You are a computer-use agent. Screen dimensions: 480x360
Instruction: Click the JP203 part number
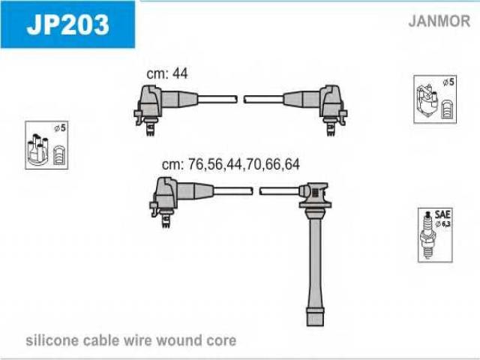67,24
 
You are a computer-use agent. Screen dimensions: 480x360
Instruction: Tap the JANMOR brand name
439,21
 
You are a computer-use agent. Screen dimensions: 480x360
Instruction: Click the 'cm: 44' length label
166,73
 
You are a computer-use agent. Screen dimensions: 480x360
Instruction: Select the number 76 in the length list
195,164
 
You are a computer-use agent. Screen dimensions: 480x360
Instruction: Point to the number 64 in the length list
292,164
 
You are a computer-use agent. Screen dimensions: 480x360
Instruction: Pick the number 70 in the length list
253,164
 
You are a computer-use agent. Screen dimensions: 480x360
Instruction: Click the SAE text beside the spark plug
442,214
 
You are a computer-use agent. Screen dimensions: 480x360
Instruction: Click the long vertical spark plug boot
315,254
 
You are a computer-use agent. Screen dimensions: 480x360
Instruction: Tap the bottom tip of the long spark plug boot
315,325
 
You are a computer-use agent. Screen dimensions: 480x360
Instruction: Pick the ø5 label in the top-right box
448,82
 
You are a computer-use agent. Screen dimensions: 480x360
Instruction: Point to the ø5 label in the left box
60,128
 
